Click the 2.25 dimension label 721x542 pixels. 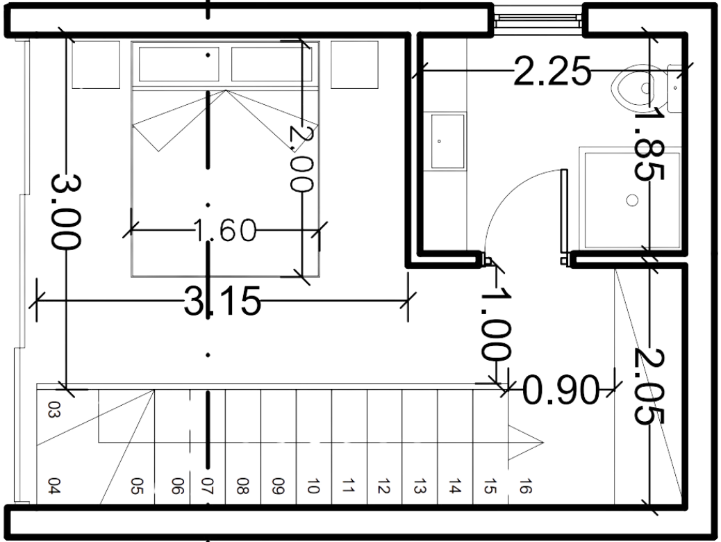552,71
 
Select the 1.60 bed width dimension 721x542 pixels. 224,230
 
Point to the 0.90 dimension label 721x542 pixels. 561,391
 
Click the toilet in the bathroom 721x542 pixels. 638,88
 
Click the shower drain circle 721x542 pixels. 631,200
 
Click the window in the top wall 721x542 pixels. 538,20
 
